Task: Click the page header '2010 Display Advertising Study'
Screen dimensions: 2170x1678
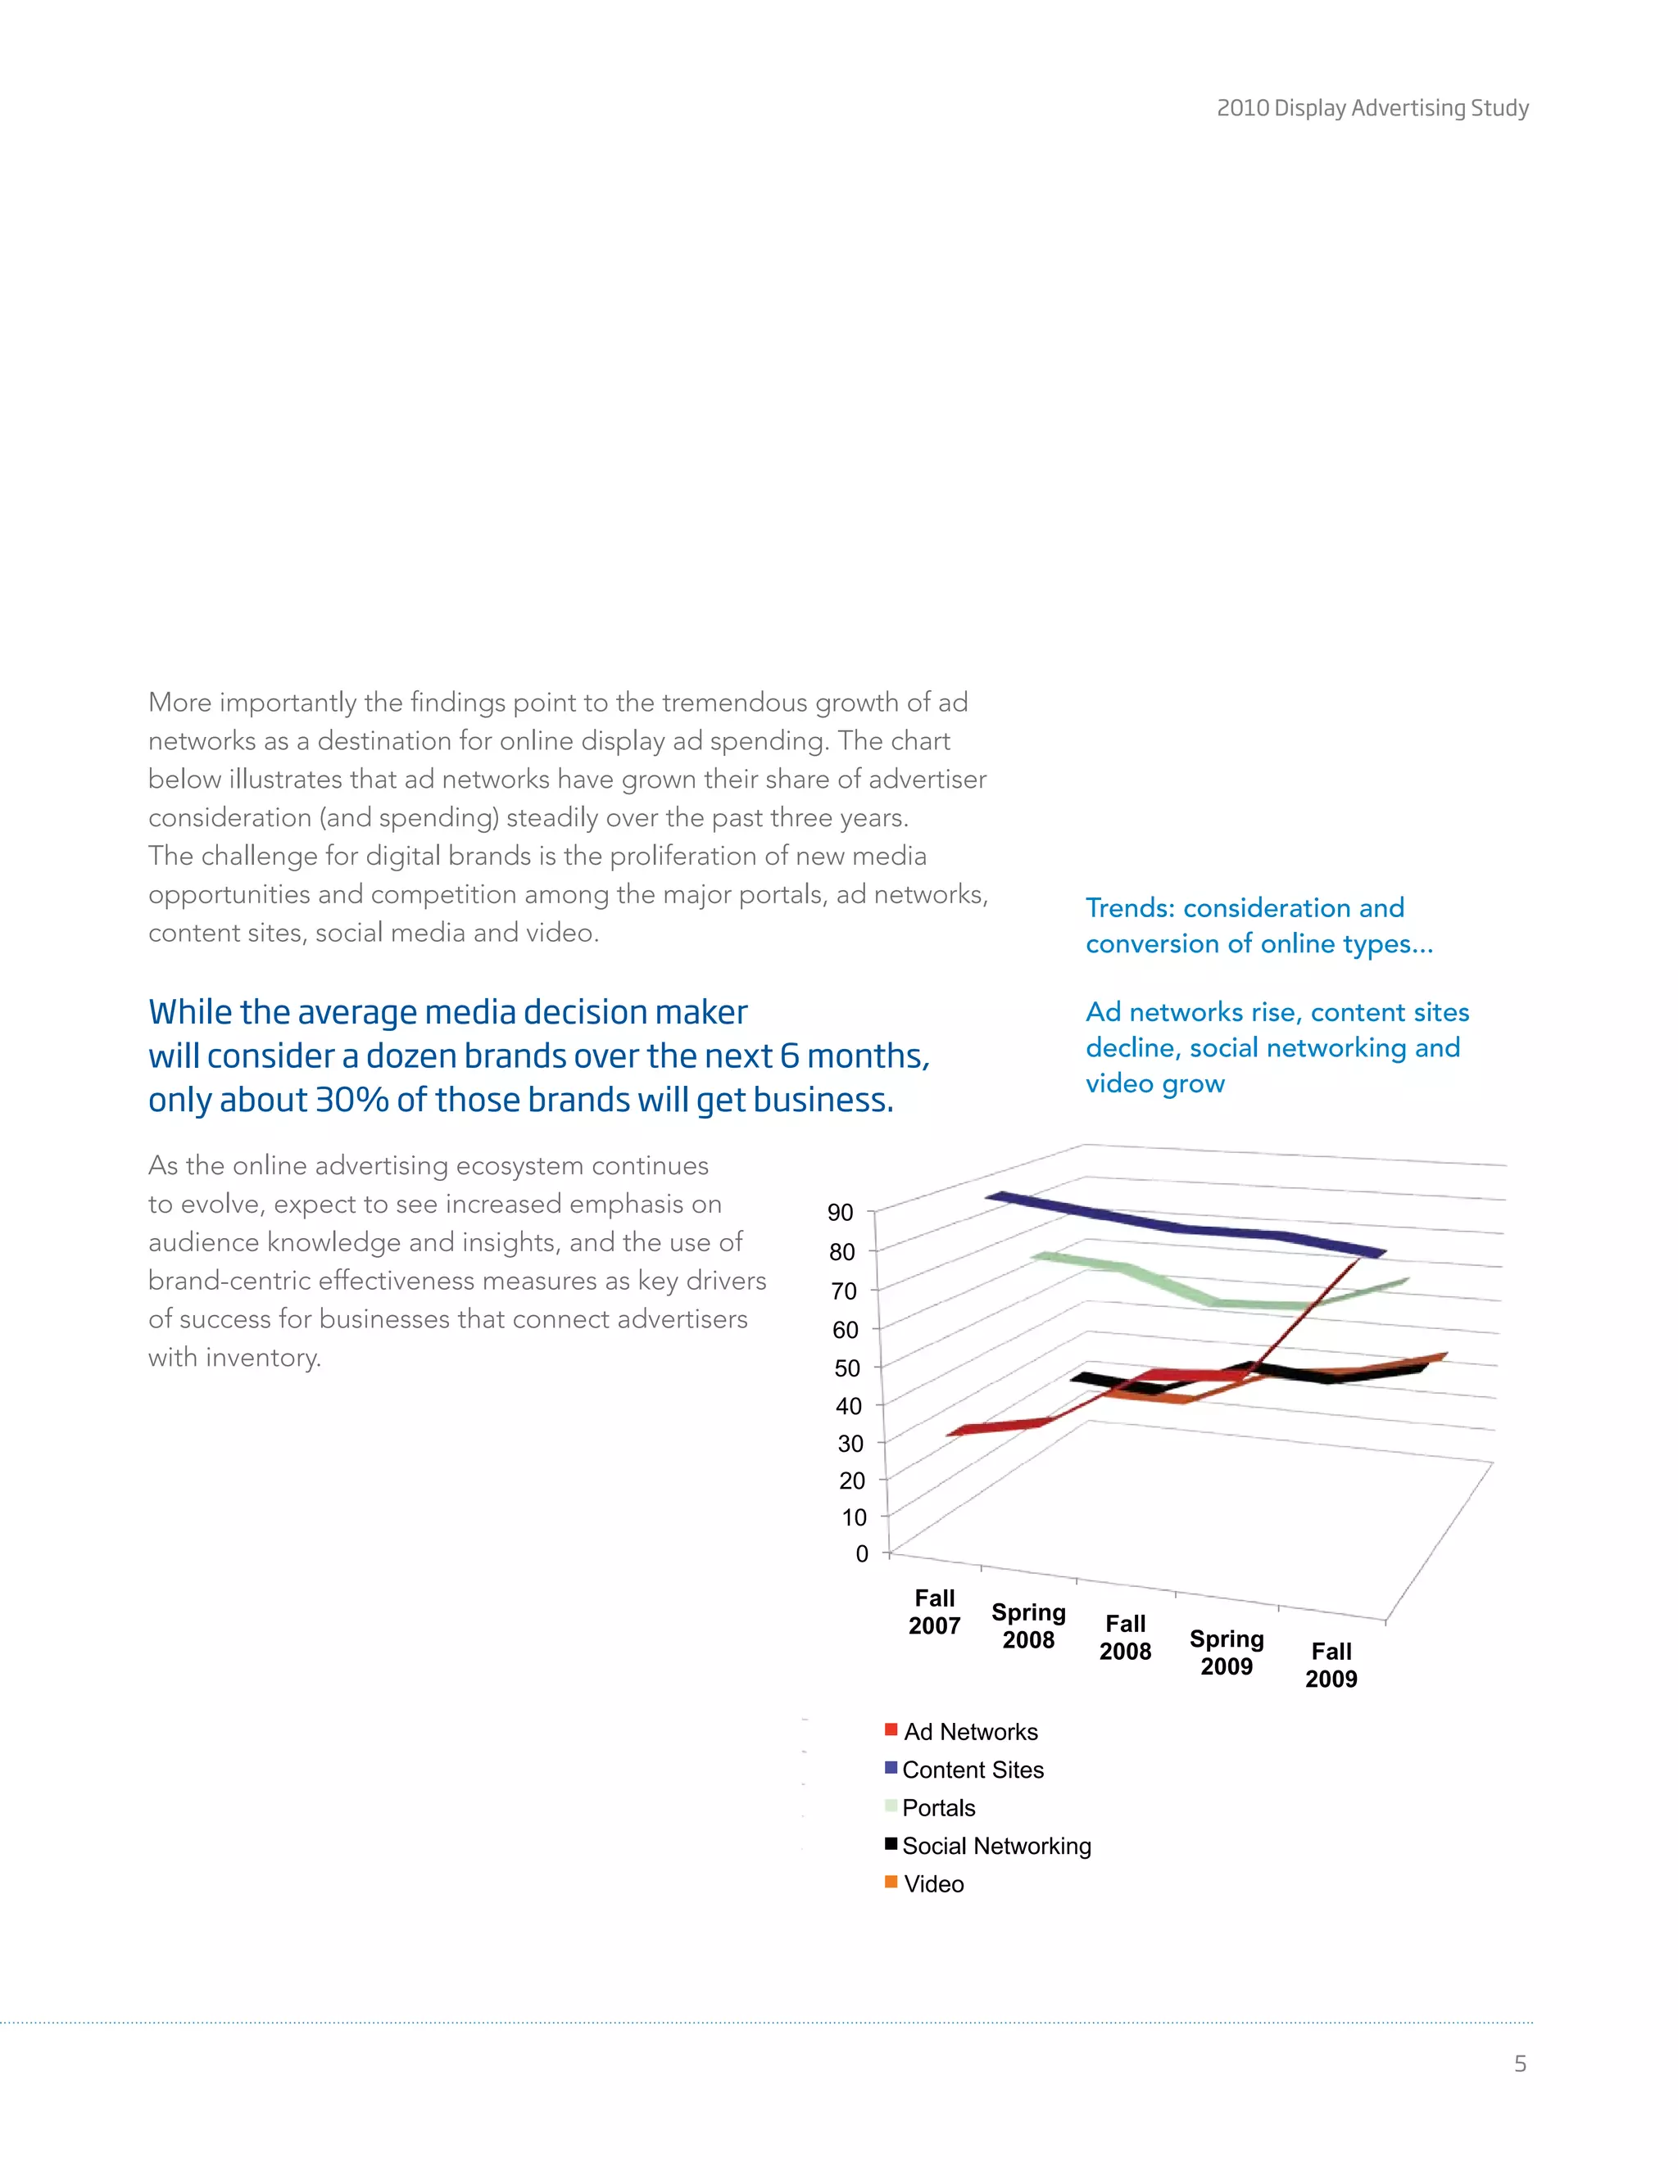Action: pos(1372,107)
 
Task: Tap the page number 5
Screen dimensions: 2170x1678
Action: pos(1520,2063)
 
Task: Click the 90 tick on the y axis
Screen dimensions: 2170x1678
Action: pos(840,1212)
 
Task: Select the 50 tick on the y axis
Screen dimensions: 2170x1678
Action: pos(847,1368)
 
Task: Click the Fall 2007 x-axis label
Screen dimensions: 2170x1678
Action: pos(934,1612)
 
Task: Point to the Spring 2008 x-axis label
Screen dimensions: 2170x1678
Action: pos(1028,1625)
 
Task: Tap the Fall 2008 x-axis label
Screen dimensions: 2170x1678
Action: pos(1125,1638)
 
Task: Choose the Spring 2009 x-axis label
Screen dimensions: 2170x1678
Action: pos(1227,1652)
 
